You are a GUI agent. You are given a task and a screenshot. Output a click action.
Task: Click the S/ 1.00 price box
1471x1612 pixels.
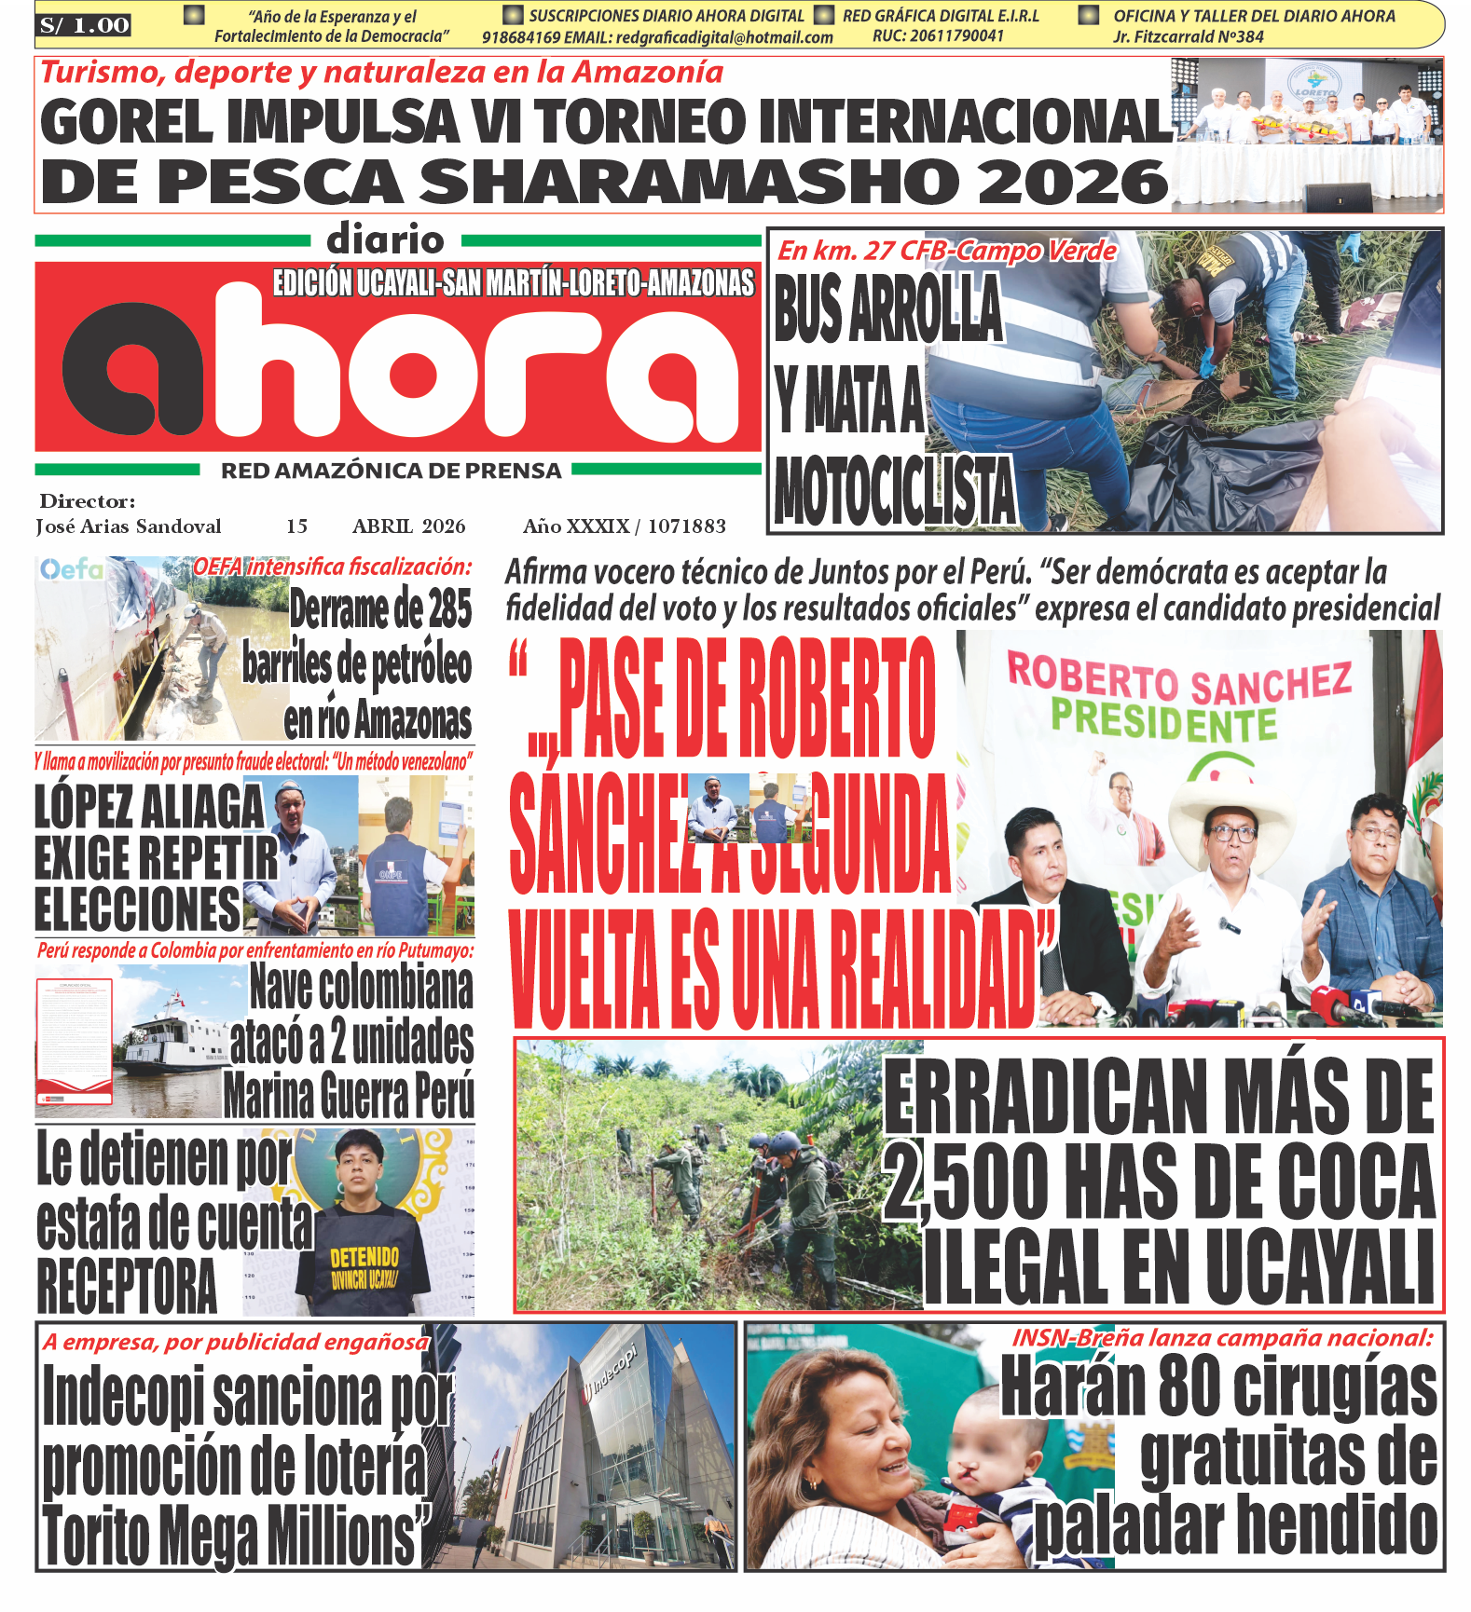pyautogui.click(x=84, y=25)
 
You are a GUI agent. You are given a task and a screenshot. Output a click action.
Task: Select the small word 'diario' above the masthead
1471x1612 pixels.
pyautogui.click(x=385, y=240)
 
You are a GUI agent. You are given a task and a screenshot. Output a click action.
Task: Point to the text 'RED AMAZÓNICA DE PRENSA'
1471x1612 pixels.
pyautogui.click(x=391, y=471)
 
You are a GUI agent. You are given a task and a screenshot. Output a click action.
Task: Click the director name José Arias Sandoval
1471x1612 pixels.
pyautogui.click(x=129, y=526)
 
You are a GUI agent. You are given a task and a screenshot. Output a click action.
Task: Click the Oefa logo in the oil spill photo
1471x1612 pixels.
pyautogui.click(x=71, y=568)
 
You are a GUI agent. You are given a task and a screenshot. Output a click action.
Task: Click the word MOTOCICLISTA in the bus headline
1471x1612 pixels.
pyautogui.click(x=894, y=491)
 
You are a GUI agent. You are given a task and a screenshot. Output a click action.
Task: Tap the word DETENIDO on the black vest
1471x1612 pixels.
pyautogui.click(x=364, y=1257)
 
